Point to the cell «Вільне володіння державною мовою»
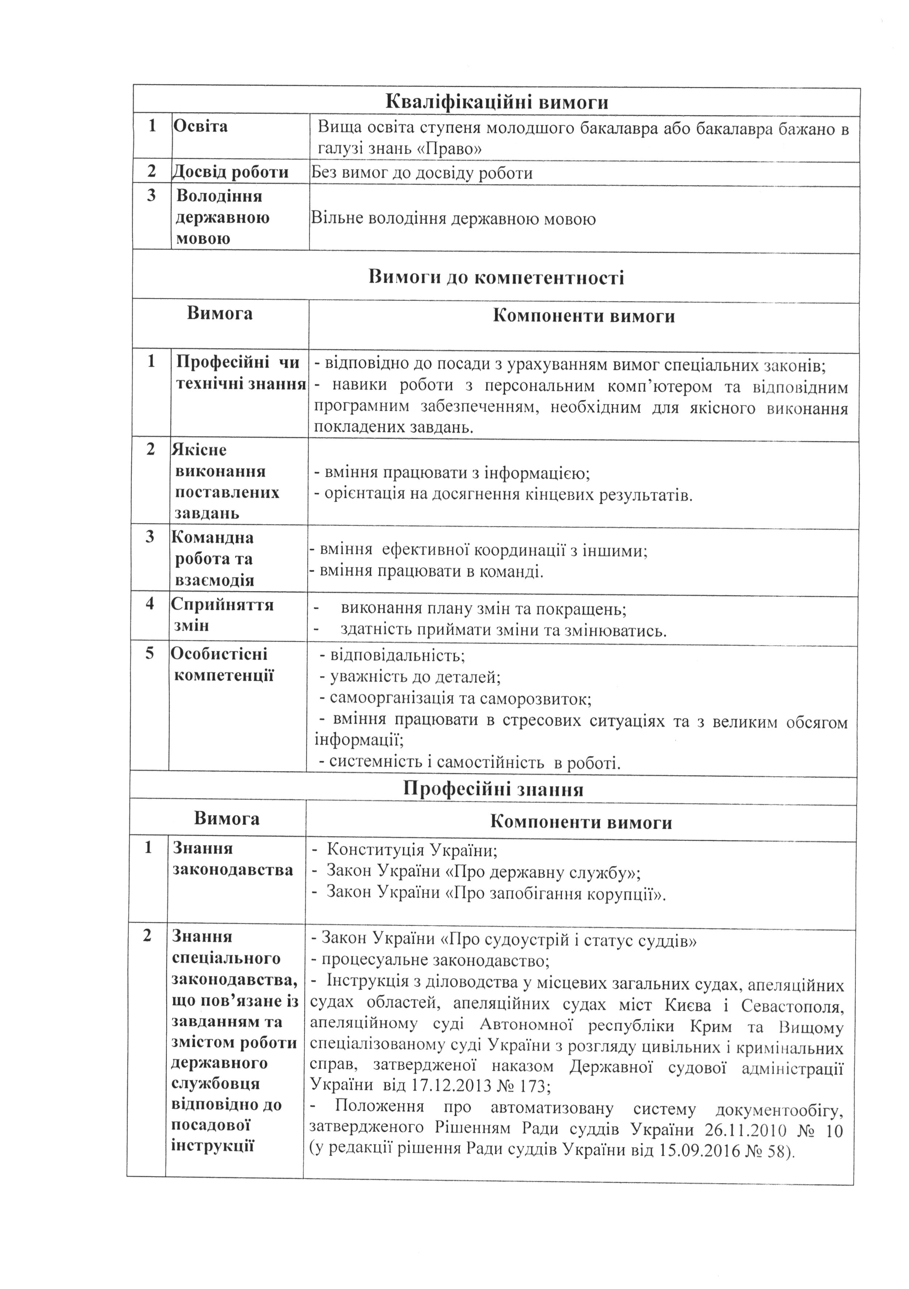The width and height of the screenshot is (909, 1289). point(453,218)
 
